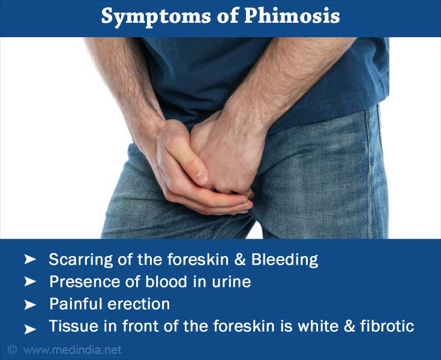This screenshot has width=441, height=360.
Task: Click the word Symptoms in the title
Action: pos(156,17)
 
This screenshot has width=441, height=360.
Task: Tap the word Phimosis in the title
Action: pos(292,16)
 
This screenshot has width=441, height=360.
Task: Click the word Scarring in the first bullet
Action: pos(81,260)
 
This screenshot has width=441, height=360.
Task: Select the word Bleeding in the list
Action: pos(284,260)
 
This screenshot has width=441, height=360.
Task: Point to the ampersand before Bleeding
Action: pos(240,260)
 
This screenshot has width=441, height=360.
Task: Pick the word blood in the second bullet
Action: pos(166,281)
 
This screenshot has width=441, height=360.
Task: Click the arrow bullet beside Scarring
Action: pos(30,260)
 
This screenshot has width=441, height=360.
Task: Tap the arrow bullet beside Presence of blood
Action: pos(30,281)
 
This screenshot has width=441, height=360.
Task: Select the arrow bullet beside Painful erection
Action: pos(30,305)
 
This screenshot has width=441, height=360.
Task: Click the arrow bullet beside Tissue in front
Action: pos(30,329)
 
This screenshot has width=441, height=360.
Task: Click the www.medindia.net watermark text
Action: pos(73,350)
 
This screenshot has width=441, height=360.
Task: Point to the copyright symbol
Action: pos(12,350)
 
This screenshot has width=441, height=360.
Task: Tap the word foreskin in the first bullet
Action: pos(197,260)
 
